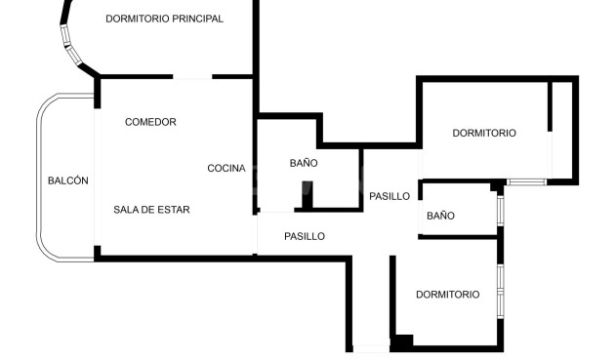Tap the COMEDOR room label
pos(150,122)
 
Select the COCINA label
pos(226,169)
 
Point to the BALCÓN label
pos(68,180)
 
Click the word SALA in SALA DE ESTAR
pos(126,210)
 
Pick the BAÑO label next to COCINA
pos(304,163)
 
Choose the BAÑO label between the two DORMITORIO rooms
pos(440,216)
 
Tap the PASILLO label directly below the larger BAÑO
pos(305,236)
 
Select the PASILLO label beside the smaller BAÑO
pos(389,196)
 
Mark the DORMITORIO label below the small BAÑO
pos(447,294)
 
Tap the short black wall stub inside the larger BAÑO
pos(306,196)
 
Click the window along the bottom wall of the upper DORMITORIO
pos(527,181)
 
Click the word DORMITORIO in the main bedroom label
pos(137,19)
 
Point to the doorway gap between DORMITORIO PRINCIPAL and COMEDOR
pos(192,77)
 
